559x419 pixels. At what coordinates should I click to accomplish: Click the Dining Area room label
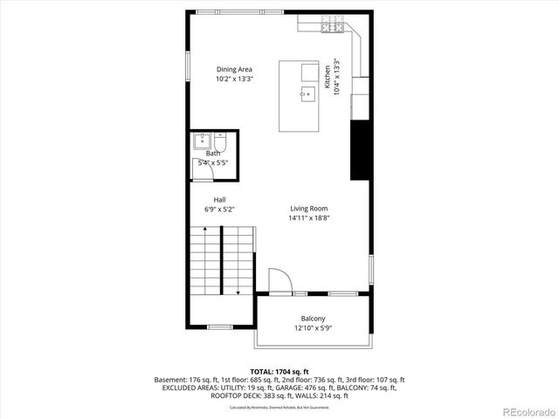click(234, 69)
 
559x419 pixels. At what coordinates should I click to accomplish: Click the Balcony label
click(313, 319)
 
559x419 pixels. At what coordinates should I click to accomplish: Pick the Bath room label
click(213, 154)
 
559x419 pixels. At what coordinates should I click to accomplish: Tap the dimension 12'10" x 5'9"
click(313, 329)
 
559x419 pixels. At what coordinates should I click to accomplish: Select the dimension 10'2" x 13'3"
click(234, 79)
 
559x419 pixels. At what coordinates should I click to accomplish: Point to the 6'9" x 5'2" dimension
click(219, 209)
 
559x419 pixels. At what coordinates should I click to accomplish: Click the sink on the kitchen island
click(307, 93)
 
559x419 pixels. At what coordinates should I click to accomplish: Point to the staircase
click(222, 260)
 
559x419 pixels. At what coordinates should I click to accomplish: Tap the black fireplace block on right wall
click(357, 150)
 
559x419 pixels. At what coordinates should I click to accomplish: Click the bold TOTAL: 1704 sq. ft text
click(279, 371)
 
